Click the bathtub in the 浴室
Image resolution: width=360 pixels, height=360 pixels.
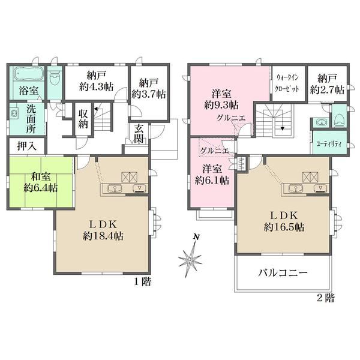pyautogui.click(x=29, y=74)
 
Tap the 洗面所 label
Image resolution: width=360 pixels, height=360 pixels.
pyautogui.click(x=31, y=119)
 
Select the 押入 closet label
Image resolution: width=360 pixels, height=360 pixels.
pyautogui.click(x=27, y=146)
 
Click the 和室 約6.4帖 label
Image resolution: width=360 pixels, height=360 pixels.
pyautogui.click(x=41, y=182)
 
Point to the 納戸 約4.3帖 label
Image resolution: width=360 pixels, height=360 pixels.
pyautogui.click(x=96, y=81)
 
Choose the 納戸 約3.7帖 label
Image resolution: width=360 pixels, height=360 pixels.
pyautogui.click(x=149, y=88)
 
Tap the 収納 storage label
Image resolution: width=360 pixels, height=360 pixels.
pyautogui.click(x=83, y=119)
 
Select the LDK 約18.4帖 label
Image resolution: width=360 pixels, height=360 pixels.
pyautogui.click(x=103, y=230)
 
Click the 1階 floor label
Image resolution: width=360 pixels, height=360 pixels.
pyautogui.click(x=142, y=281)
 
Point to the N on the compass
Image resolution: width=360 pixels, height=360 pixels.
pyautogui.click(x=196, y=237)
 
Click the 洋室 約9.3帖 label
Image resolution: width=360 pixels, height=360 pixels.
pyautogui.click(x=221, y=100)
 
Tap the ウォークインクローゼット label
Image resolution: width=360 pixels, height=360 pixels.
pyautogui.click(x=287, y=83)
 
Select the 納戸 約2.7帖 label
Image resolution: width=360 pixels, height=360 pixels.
pyautogui.click(x=327, y=84)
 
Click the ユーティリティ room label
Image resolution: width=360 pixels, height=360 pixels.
pyautogui.click(x=329, y=144)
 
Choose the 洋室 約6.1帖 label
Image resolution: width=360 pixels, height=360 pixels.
pyautogui.click(x=212, y=175)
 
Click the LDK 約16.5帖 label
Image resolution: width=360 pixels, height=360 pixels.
pyautogui.click(x=284, y=221)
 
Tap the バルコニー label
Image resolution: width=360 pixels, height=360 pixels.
pyautogui.click(x=283, y=273)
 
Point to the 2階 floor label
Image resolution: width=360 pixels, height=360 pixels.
pyautogui.click(x=326, y=298)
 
